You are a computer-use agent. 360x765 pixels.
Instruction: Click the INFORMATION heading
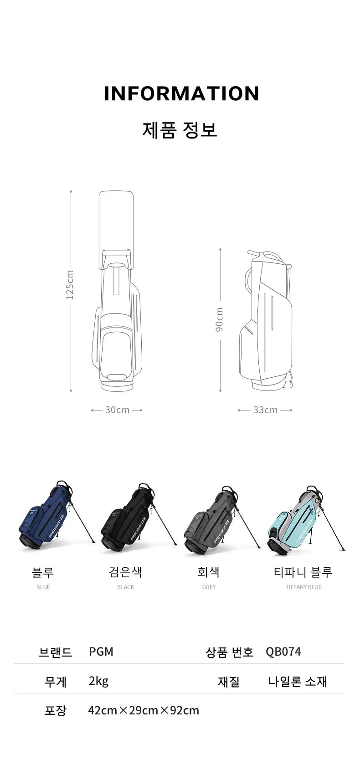[181, 93]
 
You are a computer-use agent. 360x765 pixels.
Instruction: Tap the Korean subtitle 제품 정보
[180, 129]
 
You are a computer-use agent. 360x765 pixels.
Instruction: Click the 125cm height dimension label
[70, 285]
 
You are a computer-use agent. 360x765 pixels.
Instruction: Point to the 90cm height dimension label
[220, 319]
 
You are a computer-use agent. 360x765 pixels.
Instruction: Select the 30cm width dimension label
[117, 410]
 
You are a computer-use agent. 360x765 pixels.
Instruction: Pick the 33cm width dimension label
[265, 410]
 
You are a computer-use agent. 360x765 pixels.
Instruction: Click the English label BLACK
[126, 587]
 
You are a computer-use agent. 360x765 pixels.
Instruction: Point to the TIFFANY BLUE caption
[303, 587]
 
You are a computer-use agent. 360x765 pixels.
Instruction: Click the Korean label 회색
[209, 572]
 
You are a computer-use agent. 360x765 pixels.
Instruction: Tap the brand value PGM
[101, 652]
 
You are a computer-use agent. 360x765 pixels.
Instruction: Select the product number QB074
[283, 652]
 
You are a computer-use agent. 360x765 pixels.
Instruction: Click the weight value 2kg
[98, 681]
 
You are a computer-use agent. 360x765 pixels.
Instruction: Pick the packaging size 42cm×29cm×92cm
[144, 710]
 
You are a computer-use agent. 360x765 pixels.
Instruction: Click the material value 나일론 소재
[298, 681]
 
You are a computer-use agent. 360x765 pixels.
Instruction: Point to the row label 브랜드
[56, 652]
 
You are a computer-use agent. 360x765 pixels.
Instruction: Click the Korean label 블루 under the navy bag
[43, 572]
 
